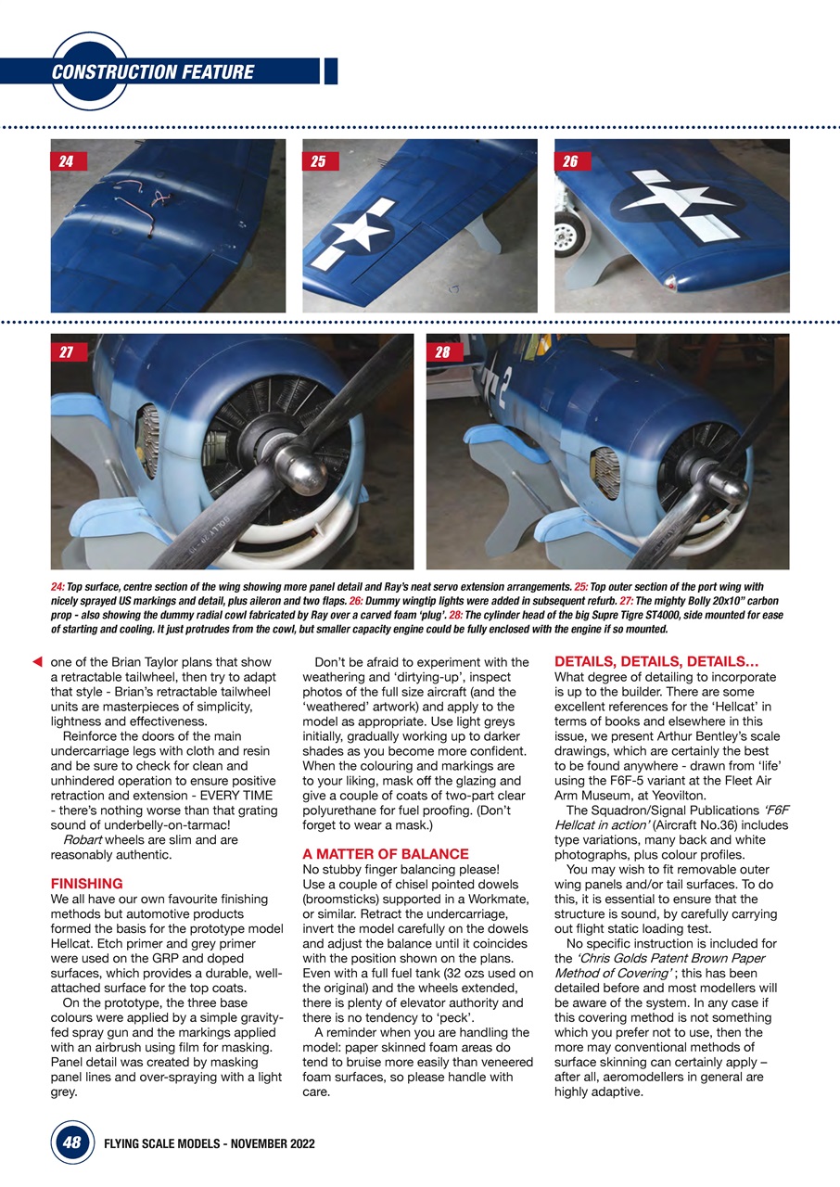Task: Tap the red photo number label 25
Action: (318, 161)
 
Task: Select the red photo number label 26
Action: (570, 161)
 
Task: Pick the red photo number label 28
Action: (442, 352)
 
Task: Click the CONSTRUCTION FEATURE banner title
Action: (153, 72)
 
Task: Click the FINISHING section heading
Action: (86, 884)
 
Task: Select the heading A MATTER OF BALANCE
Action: (386, 853)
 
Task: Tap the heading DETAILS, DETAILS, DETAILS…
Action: (656, 662)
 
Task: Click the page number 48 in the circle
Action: (71, 1143)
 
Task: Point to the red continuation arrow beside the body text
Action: (37, 662)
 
